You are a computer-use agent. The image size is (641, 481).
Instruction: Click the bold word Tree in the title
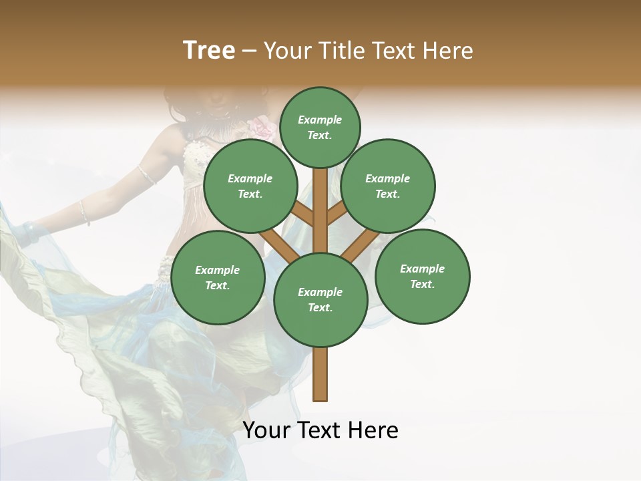(209, 51)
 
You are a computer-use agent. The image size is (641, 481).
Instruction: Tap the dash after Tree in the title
(249, 51)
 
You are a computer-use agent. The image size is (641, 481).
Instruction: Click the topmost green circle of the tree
(320, 127)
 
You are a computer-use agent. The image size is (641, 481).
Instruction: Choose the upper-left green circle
(250, 186)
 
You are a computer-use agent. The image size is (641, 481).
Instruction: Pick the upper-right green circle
(388, 186)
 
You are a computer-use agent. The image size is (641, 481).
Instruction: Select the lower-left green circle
(218, 277)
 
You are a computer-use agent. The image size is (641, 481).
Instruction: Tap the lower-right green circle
(422, 276)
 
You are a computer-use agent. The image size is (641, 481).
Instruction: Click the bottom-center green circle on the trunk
(320, 299)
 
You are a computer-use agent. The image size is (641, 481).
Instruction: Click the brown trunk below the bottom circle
(320, 374)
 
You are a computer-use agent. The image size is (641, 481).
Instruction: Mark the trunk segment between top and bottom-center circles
(320, 210)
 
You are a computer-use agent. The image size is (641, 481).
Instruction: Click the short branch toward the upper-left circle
(302, 214)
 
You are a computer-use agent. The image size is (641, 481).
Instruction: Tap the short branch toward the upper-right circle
(338, 213)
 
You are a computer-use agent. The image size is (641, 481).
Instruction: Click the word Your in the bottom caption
(266, 430)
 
